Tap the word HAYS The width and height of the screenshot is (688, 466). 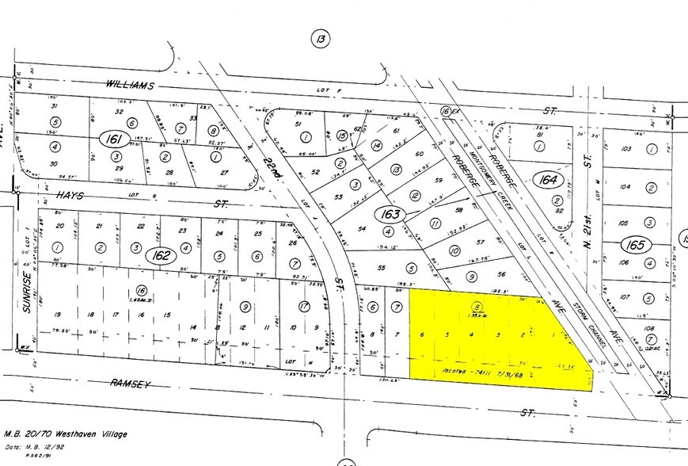[61, 193]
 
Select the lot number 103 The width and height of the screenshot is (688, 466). [625, 149]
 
